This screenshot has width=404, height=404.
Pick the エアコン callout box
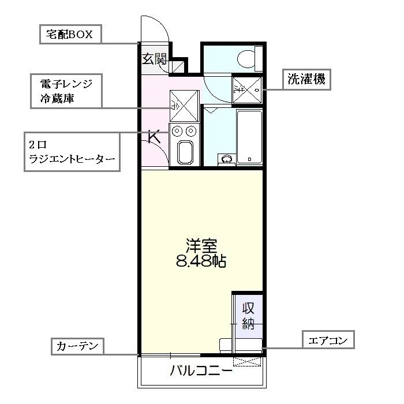(328, 341)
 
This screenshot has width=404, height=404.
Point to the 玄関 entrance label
(155, 58)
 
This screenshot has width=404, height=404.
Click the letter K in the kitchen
(154, 137)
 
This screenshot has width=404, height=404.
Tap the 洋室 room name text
(200, 245)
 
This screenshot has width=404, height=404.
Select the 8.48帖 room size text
(201, 261)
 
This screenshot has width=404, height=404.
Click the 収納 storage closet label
(248, 315)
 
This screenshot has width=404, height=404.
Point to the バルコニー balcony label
(201, 371)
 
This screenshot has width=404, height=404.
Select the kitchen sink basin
(185, 153)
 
